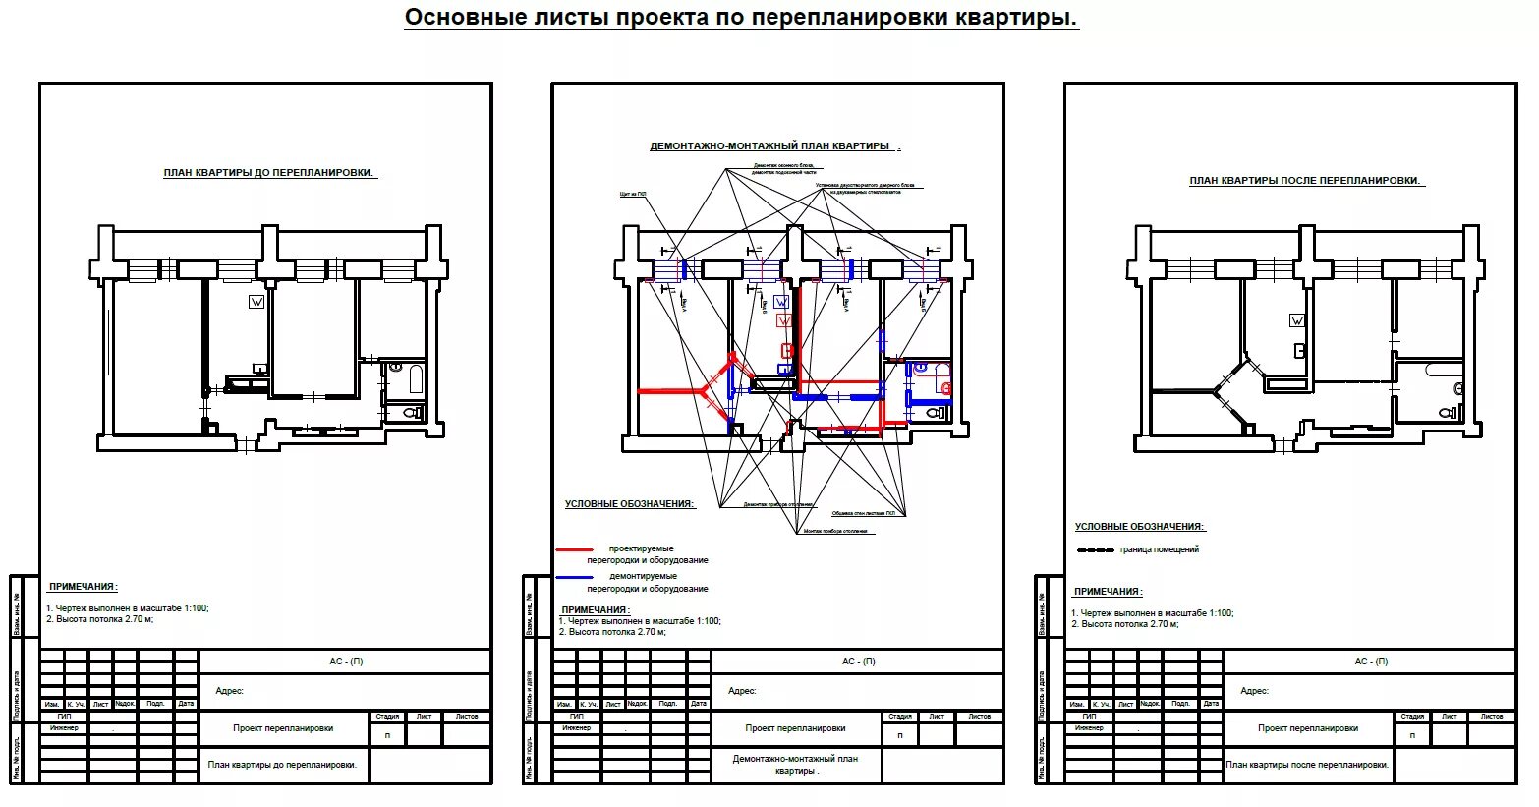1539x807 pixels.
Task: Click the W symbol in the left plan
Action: [x=256, y=302]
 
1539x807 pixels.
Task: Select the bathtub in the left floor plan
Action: [x=416, y=379]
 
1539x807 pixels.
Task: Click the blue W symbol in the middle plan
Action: [x=781, y=302]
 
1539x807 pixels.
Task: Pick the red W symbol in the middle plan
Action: [x=784, y=320]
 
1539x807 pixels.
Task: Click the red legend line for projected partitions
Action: [x=575, y=549]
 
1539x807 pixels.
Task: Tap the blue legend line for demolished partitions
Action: [x=575, y=577]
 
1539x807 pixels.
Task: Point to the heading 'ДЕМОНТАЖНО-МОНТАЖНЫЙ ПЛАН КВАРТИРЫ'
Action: [x=771, y=146]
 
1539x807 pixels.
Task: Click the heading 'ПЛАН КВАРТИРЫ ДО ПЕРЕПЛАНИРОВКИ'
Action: [x=269, y=173]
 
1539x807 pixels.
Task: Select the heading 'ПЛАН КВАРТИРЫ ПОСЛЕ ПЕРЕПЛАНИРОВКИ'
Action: [x=1306, y=181]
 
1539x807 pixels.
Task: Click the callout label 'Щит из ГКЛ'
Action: [x=633, y=195]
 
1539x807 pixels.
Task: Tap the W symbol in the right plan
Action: [x=1297, y=320]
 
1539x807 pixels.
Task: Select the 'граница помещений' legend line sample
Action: [x=1095, y=550]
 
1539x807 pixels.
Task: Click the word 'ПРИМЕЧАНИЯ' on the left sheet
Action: [x=83, y=587]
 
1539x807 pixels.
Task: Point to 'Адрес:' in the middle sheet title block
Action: [x=742, y=691]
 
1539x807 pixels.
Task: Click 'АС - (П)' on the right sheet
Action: [x=1370, y=662]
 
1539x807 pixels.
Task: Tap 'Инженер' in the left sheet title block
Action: [x=64, y=728]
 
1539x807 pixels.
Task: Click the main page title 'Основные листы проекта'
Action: [x=741, y=18]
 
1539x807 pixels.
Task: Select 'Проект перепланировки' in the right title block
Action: [x=1308, y=728]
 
